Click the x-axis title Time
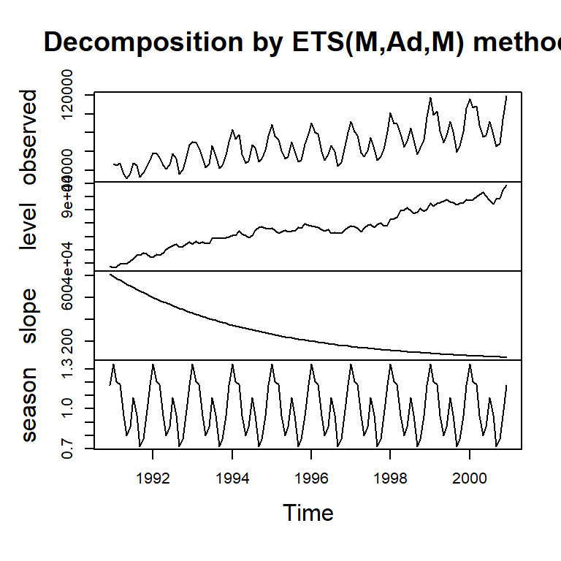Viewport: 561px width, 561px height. (x=308, y=513)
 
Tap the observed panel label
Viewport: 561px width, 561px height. (x=29, y=137)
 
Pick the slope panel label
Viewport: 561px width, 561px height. (x=29, y=316)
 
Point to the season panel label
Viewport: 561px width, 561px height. (x=29, y=404)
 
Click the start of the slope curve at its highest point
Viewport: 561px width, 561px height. (x=110, y=275)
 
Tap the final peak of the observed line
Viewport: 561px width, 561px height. (x=506, y=96)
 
